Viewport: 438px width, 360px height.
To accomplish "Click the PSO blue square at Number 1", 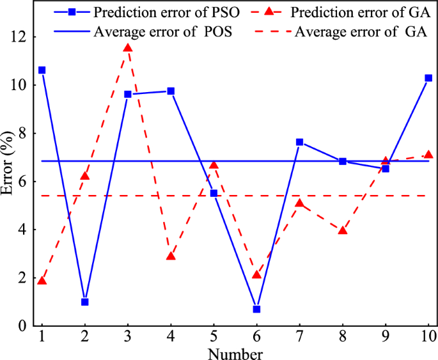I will coord(42,70).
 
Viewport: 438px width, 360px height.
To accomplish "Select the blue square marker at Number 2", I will coord(85,302).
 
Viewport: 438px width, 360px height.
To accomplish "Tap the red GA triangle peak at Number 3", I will coord(128,48).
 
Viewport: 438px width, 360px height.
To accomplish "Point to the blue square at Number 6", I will coord(256,309).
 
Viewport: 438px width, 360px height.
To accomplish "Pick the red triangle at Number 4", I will coord(171,256).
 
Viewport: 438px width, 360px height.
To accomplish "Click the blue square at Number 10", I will coord(428,78).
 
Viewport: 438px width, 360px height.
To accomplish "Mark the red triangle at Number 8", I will coord(343,230).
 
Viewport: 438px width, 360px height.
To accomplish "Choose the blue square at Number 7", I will coord(299,142).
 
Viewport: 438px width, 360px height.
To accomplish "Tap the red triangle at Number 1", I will coord(42,281).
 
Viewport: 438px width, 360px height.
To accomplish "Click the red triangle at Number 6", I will coord(256,274).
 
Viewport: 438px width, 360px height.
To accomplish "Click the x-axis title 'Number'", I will coord(235,352).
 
